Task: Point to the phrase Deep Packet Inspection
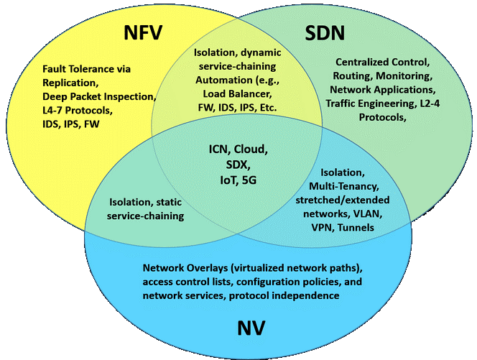point(98,97)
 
